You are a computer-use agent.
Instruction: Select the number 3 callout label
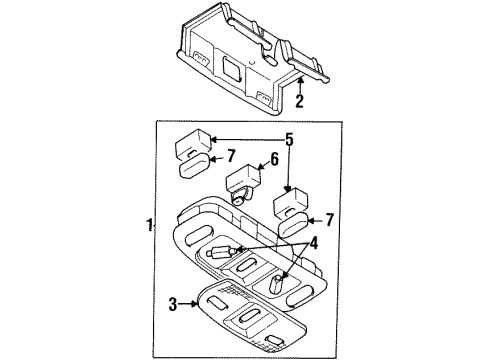coord(171,302)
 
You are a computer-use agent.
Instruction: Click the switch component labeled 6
coord(245,184)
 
